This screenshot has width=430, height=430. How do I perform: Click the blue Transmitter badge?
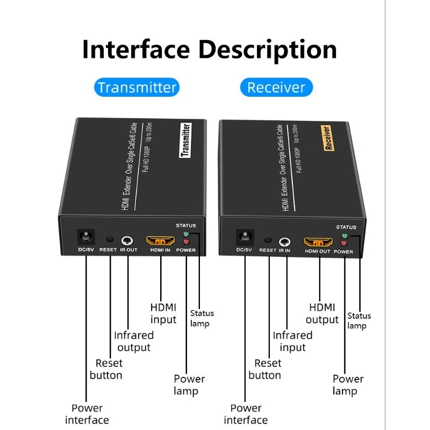tap(137, 87)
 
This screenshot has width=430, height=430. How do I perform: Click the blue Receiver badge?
tap(276, 87)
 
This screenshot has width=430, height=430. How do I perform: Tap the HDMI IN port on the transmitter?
tap(160, 240)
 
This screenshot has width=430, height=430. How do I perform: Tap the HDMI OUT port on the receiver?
tap(318, 242)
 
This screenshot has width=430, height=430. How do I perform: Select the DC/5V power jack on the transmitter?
tap(86, 236)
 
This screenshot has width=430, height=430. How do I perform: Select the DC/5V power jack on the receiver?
tap(245, 237)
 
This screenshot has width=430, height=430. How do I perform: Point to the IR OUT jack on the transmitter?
tap(127, 241)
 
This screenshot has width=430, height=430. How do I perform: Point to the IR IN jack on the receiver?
tap(285, 242)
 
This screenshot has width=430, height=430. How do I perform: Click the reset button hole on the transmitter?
tap(110, 239)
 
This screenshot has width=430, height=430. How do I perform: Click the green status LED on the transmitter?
tap(186, 234)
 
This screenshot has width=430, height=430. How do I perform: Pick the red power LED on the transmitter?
tap(186, 241)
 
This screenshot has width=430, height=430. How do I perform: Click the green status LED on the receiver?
tap(345, 236)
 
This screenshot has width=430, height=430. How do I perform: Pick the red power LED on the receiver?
tap(344, 243)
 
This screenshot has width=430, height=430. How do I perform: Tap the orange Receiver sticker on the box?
tap(328, 138)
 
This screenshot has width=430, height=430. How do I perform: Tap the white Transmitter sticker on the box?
tap(185, 140)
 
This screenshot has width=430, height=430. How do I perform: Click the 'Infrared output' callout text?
tap(134, 341)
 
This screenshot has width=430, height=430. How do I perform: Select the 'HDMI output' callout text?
tap(322, 314)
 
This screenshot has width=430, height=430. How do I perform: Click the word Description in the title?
tap(267, 49)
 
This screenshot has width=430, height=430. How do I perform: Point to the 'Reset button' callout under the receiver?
tap(264, 369)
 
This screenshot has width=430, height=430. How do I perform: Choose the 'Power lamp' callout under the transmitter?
tap(189, 385)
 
